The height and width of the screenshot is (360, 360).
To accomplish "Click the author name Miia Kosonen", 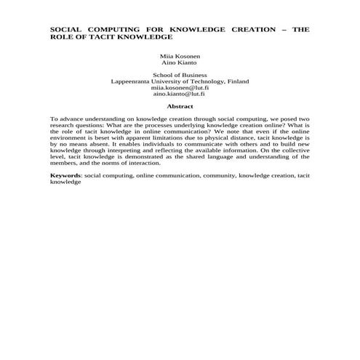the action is coord(180,56).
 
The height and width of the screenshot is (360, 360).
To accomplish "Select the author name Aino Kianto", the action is coord(180,63).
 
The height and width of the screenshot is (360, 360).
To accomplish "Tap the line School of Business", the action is coord(180,75).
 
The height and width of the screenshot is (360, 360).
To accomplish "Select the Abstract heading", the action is coord(180,107).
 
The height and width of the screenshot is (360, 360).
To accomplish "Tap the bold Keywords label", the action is coord(65,176).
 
